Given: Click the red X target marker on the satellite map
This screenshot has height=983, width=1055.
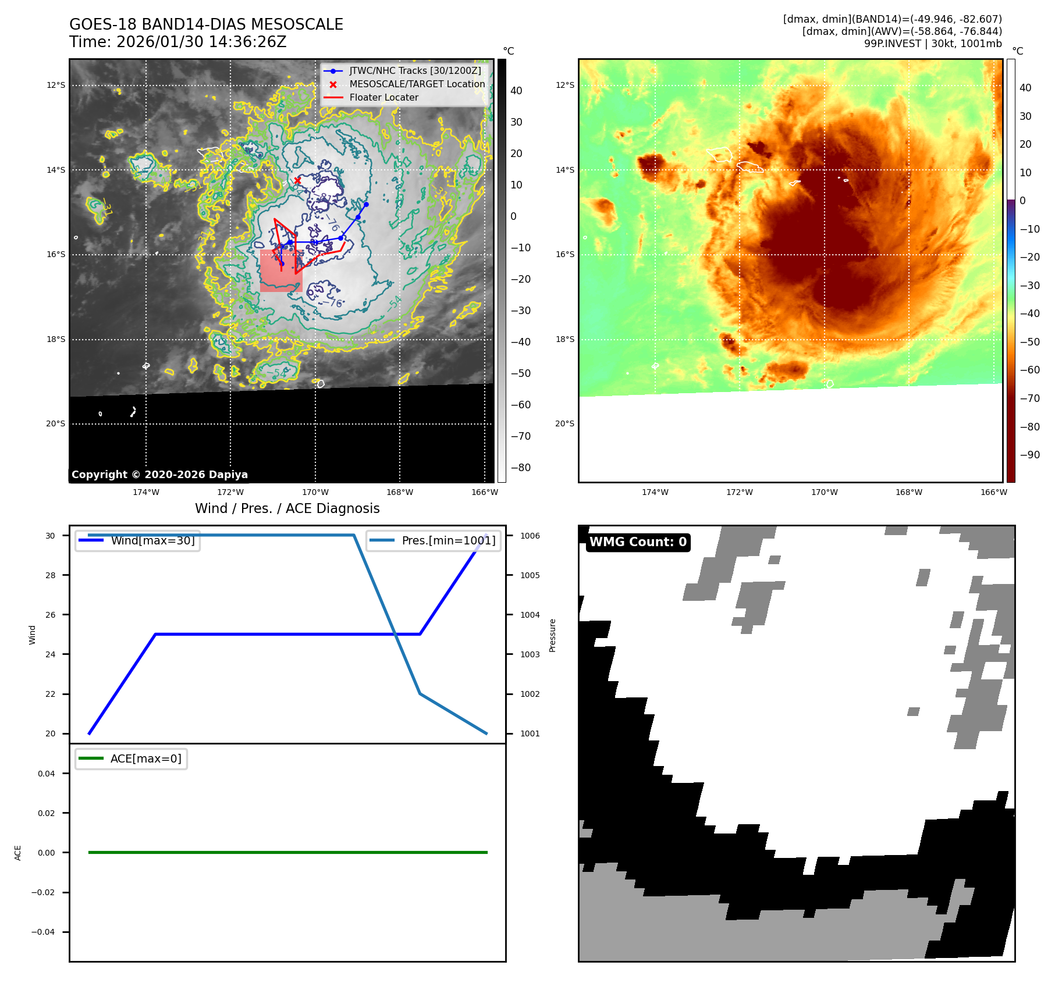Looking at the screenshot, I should click(297, 180).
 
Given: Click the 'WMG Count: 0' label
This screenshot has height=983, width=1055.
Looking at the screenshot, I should click(638, 542).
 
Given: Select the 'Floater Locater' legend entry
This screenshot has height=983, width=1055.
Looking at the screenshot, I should click(383, 98).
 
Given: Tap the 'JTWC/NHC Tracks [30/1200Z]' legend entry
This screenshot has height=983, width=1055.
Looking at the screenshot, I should click(415, 71).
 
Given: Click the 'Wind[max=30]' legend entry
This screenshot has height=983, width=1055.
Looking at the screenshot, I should click(152, 540).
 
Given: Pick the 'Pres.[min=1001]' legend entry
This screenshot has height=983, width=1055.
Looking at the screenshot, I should click(448, 540).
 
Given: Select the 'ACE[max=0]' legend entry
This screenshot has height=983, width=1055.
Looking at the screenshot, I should click(145, 758).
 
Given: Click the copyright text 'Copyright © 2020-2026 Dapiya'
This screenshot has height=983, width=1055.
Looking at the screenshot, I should click(159, 475).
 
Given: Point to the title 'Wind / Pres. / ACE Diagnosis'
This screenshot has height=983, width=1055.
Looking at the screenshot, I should click(287, 508).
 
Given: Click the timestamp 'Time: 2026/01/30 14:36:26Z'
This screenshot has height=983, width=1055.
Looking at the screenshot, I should click(177, 42).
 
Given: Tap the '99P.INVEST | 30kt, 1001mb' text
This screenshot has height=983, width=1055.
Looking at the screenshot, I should click(932, 44).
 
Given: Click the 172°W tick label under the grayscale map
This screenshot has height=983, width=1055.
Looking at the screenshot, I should click(230, 492).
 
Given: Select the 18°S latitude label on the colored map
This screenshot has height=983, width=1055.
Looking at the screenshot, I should click(564, 339).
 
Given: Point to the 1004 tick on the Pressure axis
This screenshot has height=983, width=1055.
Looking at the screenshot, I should click(530, 615).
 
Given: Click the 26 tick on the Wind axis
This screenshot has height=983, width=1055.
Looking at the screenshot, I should click(51, 615).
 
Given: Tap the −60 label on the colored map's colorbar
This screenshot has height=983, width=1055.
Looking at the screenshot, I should click(1029, 370).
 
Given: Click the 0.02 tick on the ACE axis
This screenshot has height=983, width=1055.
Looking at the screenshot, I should click(47, 813).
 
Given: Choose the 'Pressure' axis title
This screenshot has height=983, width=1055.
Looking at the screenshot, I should click(553, 635).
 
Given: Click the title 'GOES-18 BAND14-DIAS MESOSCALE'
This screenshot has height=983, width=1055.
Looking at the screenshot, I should click(206, 24).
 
